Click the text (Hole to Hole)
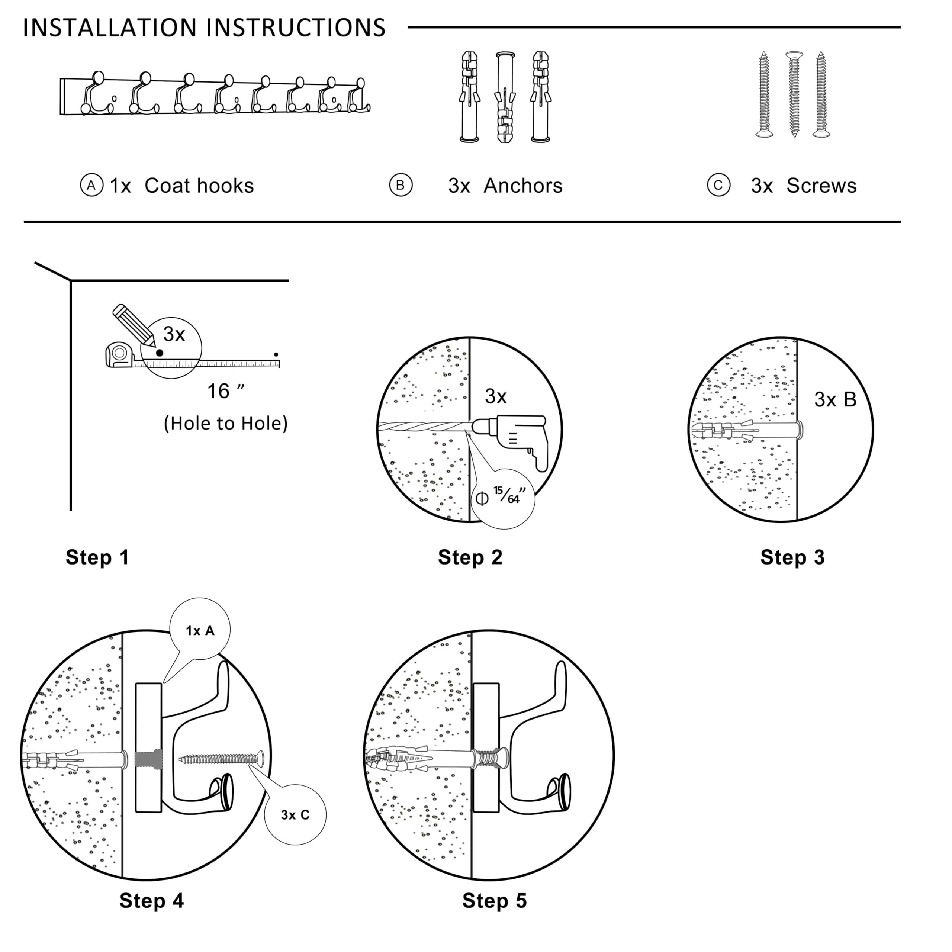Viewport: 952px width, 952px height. click(x=226, y=423)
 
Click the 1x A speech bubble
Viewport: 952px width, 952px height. click(x=200, y=631)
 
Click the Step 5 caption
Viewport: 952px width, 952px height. click(x=494, y=900)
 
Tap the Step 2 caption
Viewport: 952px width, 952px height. click(x=470, y=557)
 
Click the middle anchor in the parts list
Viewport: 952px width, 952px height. click(x=505, y=97)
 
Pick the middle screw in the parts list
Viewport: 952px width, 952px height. click(x=794, y=94)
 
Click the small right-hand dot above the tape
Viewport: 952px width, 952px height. click(x=276, y=354)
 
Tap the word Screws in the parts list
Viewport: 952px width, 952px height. click(x=821, y=186)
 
